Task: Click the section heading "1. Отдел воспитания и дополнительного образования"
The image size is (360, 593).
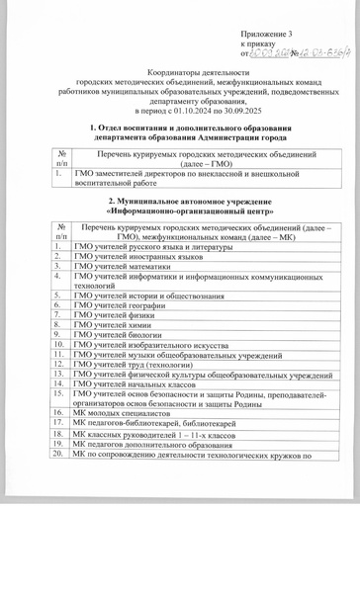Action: tap(180, 129)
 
